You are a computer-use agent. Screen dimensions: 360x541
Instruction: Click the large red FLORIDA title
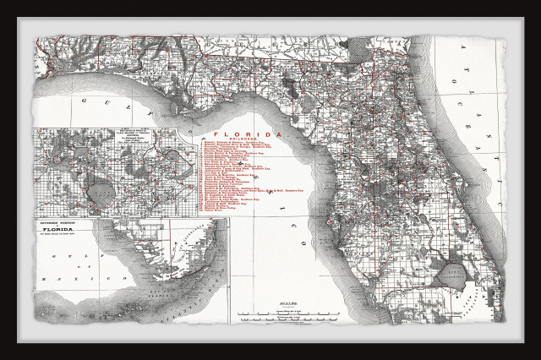(247, 134)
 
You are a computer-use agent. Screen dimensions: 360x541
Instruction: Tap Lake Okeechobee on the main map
(452, 273)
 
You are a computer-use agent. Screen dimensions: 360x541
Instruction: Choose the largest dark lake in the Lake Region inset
(101, 194)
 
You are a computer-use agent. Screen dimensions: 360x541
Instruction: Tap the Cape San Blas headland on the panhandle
(179, 112)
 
